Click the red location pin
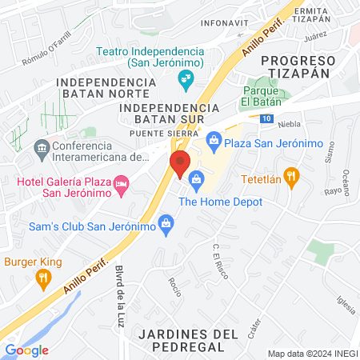click(x=181, y=163)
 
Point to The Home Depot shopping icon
click(x=197, y=185)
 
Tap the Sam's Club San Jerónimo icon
click(x=166, y=222)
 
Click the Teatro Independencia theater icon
click(x=185, y=78)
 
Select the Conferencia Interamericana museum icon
click(x=40, y=148)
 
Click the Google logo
click(x=26, y=350)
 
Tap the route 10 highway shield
click(x=266, y=118)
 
